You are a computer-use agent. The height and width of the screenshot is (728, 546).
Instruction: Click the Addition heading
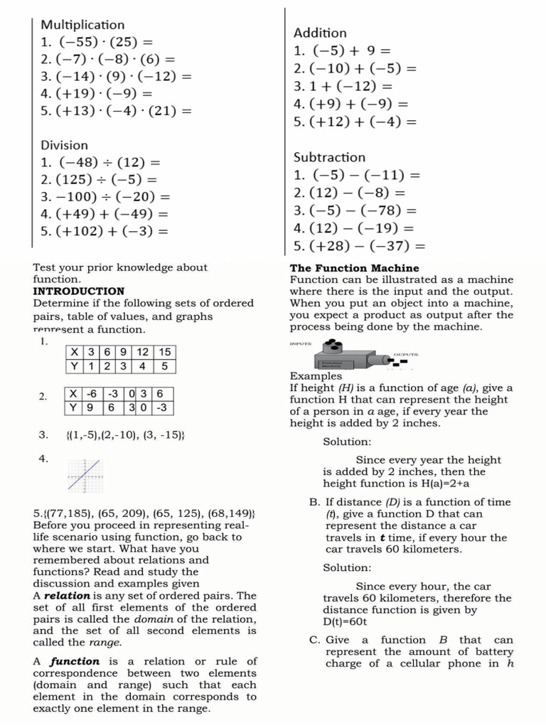(x=320, y=33)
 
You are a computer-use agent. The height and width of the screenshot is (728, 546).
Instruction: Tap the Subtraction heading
(x=329, y=157)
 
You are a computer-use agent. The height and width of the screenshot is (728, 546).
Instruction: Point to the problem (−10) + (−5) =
(x=362, y=69)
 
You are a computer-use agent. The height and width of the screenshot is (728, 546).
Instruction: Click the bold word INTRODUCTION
(x=78, y=291)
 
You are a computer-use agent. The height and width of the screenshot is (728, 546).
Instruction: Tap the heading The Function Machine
(x=354, y=268)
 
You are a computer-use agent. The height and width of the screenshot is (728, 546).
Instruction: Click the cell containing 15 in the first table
(x=164, y=353)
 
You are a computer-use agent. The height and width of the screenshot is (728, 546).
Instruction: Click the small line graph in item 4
(x=85, y=475)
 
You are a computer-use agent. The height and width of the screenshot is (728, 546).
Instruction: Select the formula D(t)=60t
(x=344, y=621)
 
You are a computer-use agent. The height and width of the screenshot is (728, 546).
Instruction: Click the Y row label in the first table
(x=74, y=367)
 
